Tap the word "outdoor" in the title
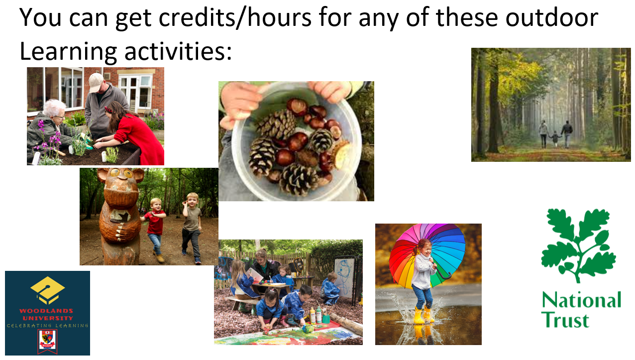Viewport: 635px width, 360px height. click(x=552, y=17)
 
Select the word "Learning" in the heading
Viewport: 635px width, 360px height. click(x=68, y=52)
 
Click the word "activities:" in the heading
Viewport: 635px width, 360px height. click(x=178, y=51)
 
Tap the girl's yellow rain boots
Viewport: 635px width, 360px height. click(x=423, y=315)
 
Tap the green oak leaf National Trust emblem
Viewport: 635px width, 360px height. click(x=578, y=245)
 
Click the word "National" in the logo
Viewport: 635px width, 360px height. click(x=582, y=300)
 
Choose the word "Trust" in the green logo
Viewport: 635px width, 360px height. click(x=565, y=320)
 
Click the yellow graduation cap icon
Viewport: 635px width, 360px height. click(x=48, y=290)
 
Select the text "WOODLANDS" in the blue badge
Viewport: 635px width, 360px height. click(x=46, y=311)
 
